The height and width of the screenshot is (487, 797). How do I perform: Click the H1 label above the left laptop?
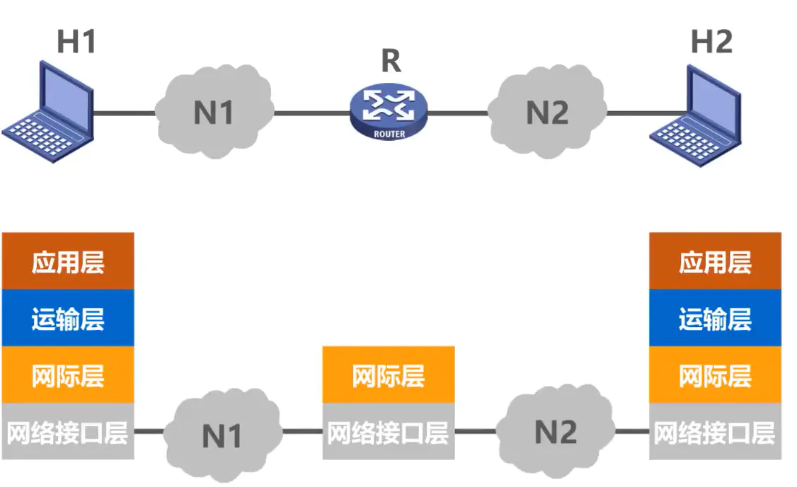click(76, 42)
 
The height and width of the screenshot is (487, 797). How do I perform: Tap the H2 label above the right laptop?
click(711, 42)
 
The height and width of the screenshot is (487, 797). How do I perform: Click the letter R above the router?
click(391, 62)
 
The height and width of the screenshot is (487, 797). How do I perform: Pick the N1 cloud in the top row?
click(214, 111)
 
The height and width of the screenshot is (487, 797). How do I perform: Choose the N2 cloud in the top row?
click(548, 111)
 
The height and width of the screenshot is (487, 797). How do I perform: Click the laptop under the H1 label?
click(50, 106)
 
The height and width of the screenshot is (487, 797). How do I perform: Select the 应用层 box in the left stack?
click(68, 261)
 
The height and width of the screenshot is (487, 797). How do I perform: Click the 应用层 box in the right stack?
click(715, 261)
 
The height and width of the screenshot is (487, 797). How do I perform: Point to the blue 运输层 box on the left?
click(68, 319)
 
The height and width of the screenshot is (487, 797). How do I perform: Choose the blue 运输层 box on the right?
click(715, 319)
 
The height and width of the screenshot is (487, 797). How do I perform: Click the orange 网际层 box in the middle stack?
click(389, 375)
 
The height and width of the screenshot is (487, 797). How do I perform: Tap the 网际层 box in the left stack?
click(68, 375)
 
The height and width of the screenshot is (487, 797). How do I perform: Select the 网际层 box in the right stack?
click(715, 375)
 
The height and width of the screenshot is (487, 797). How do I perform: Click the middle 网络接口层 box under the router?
click(389, 432)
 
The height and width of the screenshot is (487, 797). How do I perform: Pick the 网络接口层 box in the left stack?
click(68, 432)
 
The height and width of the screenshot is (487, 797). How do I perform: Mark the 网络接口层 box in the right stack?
click(715, 432)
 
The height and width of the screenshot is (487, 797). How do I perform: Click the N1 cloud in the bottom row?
click(222, 434)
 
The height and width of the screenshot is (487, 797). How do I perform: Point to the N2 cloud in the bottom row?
click(556, 430)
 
